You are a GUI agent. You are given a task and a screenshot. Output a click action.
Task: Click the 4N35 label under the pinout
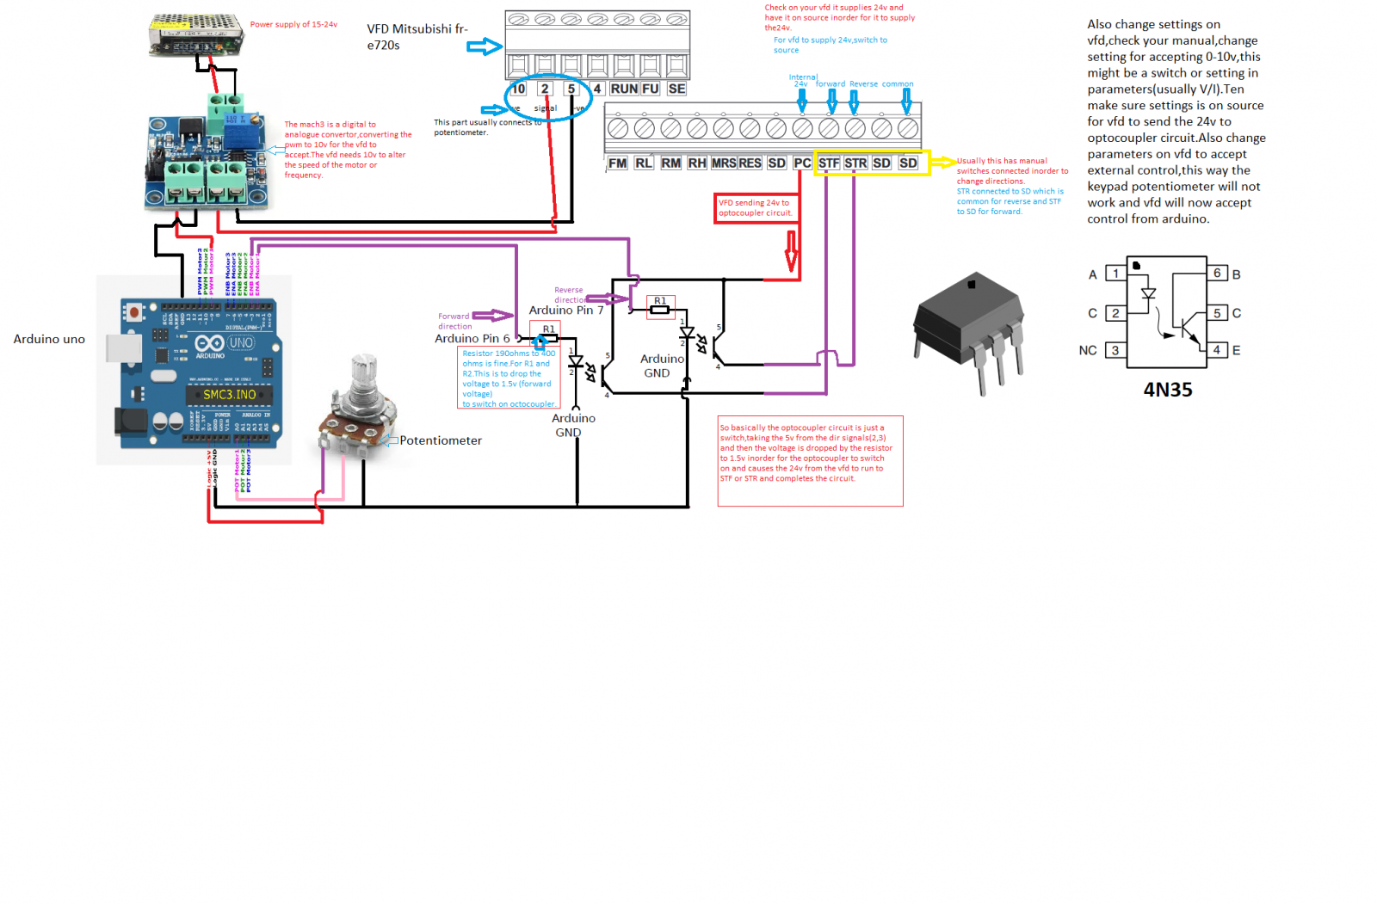(1168, 390)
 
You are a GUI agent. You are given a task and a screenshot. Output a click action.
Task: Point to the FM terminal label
(617, 163)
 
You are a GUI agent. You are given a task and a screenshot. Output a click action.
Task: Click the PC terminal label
(802, 163)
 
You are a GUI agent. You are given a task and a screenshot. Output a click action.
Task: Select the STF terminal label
(829, 163)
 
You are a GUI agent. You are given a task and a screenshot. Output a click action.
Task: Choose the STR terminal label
(855, 163)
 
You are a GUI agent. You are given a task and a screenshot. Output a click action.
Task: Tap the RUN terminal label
(624, 89)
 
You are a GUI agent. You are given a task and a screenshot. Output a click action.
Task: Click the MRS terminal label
(724, 163)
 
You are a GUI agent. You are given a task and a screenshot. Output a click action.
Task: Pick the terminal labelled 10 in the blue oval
(518, 89)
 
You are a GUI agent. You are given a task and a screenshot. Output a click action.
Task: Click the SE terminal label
(677, 89)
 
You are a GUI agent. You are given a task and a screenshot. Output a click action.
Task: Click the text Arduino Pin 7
(566, 311)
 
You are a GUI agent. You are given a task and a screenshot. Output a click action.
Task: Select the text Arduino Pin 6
(472, 339)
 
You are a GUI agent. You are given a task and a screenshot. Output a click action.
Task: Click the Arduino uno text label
(49, 340)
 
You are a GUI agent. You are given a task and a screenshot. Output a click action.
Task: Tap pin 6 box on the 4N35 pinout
(1217, 274)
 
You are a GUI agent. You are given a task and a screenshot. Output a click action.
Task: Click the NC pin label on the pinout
(1088, 351)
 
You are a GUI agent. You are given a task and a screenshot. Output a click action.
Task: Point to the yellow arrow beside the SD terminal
(944, 163)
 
